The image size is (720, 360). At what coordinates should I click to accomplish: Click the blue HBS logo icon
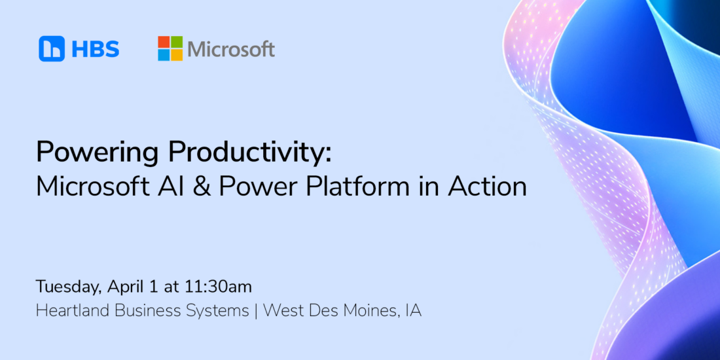(52, 48)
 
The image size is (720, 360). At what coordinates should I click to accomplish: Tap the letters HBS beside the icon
(95, 49)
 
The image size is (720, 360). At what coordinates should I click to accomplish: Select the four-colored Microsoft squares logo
(170, 48)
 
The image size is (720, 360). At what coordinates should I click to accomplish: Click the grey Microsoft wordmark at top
(231, 49)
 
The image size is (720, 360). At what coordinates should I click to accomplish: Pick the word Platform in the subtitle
(369, 187)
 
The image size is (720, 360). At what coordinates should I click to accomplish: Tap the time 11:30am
(219, 287)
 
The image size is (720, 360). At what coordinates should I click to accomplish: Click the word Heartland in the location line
(73, 311)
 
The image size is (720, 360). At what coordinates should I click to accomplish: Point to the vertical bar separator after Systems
(256, 312)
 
